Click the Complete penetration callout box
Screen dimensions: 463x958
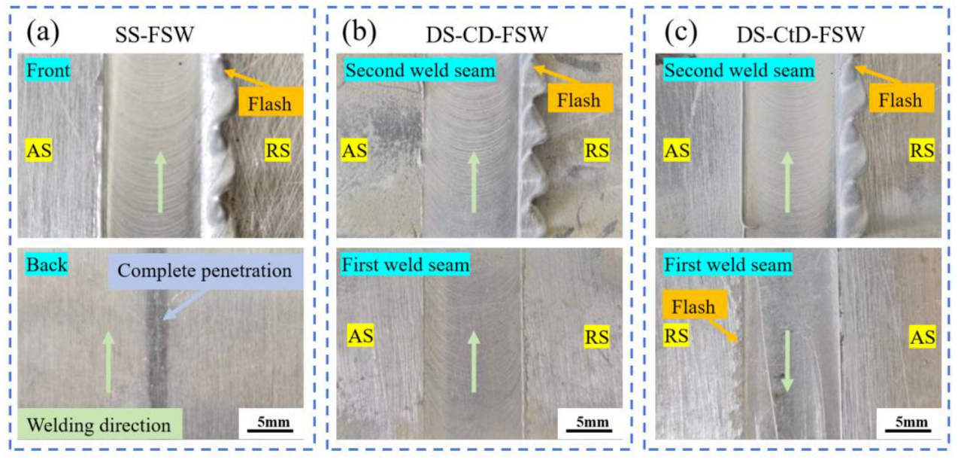(204, 270)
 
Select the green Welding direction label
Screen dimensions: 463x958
(99, 425)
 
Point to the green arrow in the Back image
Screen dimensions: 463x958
(108, 361)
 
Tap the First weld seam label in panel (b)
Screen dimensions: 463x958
(405, 265)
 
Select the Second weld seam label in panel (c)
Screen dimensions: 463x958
(738, 71)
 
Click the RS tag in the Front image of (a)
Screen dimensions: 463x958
(277, 151)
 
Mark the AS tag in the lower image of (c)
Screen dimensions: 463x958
(922, 338)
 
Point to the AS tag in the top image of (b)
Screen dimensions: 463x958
(355, 151)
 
